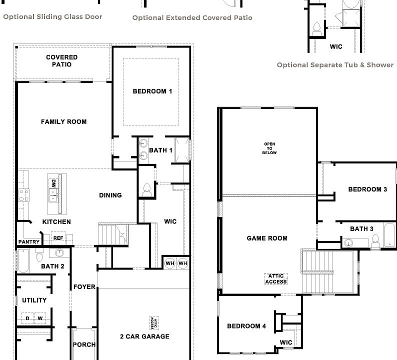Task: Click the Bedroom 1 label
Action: point(152,91)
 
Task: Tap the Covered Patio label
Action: point(61,61)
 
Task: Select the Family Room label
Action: point(63,121)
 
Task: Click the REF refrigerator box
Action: point(58,238)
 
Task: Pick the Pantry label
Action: point(29,242)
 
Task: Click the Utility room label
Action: point(34,300)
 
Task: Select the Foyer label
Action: point(84,286)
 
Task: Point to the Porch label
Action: point(84,344)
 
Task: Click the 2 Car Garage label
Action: point(144,336)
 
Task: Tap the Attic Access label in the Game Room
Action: point(276,278)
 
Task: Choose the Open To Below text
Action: point(270,148)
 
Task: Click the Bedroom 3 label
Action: point(367,189)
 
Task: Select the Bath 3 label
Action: point(361,229)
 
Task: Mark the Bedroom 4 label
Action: point(246,326)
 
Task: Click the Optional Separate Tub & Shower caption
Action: point(335,65)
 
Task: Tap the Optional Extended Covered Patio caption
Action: point(192,18)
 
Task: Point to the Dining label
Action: point(110,195)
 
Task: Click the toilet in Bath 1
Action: point(147,188)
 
